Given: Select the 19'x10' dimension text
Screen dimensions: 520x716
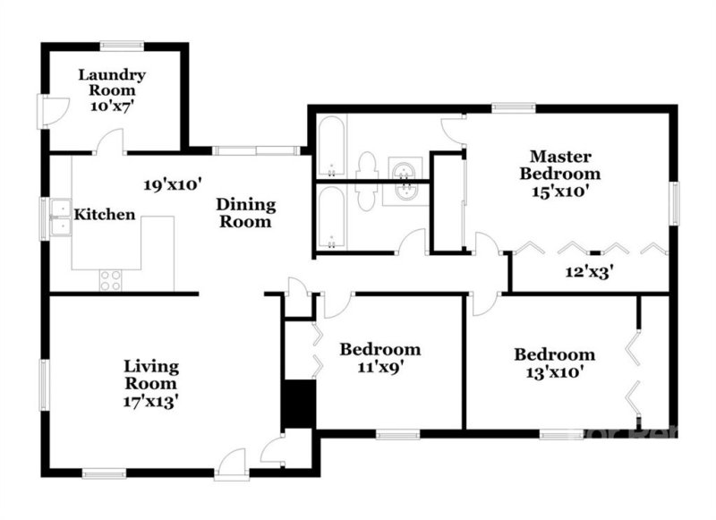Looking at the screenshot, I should (x=173, y=184).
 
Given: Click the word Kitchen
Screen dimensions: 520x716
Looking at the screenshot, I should (x=105, y=215).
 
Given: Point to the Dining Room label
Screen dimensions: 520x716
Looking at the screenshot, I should (x=245, y=213).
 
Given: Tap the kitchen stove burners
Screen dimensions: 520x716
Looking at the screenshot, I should (x=110, y=280).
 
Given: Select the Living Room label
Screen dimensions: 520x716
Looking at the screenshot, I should (x=151, y=375).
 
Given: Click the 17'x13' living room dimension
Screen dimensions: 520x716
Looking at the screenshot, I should (x=151, y=402).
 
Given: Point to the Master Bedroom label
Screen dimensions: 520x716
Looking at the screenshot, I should (x=564, y=165).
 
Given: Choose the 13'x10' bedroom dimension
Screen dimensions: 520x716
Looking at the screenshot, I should (x=554, y=372).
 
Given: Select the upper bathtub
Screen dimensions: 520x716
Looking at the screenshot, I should (x=330, y=147).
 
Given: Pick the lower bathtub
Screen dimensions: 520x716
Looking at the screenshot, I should (x=330, y=218).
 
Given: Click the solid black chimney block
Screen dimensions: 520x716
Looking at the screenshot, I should (x=299, y=405).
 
